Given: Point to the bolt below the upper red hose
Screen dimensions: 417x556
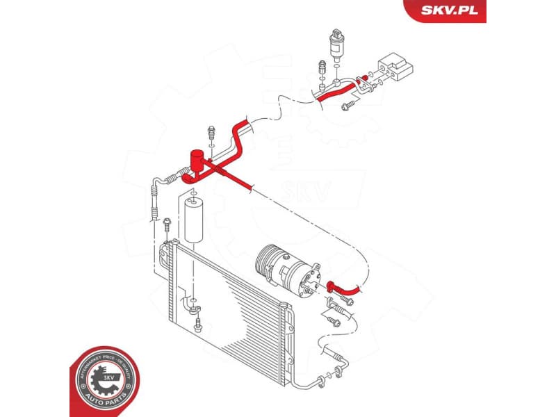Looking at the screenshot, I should pyautogui.click(x=347, y=105).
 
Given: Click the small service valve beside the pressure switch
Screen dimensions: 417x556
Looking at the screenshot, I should pyautogui.click(x=321, y=68).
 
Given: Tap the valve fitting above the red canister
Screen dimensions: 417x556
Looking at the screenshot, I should pyautogui.click(x=211, y=132).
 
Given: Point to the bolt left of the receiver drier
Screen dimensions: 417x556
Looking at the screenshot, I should pyautogui.click(x=167, y=226).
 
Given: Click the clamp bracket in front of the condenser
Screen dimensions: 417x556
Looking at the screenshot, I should pyautogui.click(x=190, y=306).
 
